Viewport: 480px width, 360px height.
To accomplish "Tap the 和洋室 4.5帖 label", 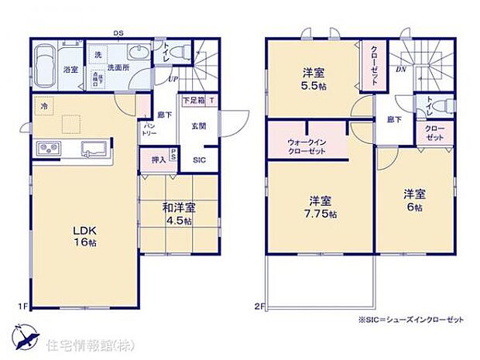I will click(x=178, y=214).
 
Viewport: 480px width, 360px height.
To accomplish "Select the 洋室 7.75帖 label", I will click(x=318, y=207).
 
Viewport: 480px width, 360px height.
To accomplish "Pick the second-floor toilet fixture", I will click(x=430, y=105).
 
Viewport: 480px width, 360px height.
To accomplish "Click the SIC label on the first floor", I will click(x=198, y=160).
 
